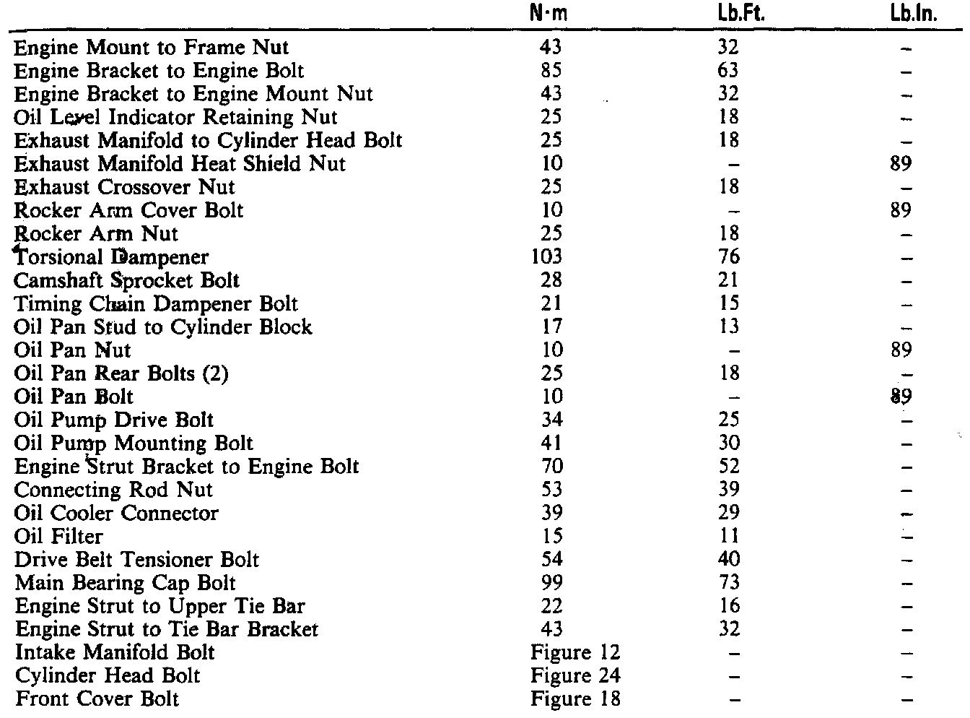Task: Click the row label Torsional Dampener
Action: tap(111, 256)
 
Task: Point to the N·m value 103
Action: tap(546, 256)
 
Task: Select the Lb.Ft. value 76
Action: tap(729, 256)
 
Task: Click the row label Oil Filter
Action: tap(58, 536)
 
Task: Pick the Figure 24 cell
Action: tap(575, 675)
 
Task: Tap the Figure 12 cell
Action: tap(575, 652)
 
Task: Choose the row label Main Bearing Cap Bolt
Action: tap(125, 582)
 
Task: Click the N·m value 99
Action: tap(551, 582)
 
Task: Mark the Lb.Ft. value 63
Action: tap(729, 71)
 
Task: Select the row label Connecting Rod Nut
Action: tap(113, 490)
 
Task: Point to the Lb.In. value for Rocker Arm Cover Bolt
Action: tap(901, 210)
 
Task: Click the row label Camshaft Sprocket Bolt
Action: tap(127, 280)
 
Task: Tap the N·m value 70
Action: tap(551, 466)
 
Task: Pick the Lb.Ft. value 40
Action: tap(729, 559)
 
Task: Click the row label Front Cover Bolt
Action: tap(97, 698)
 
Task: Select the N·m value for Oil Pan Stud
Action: tap(551, 326)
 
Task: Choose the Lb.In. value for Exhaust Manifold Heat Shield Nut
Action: tap(901, 163)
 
